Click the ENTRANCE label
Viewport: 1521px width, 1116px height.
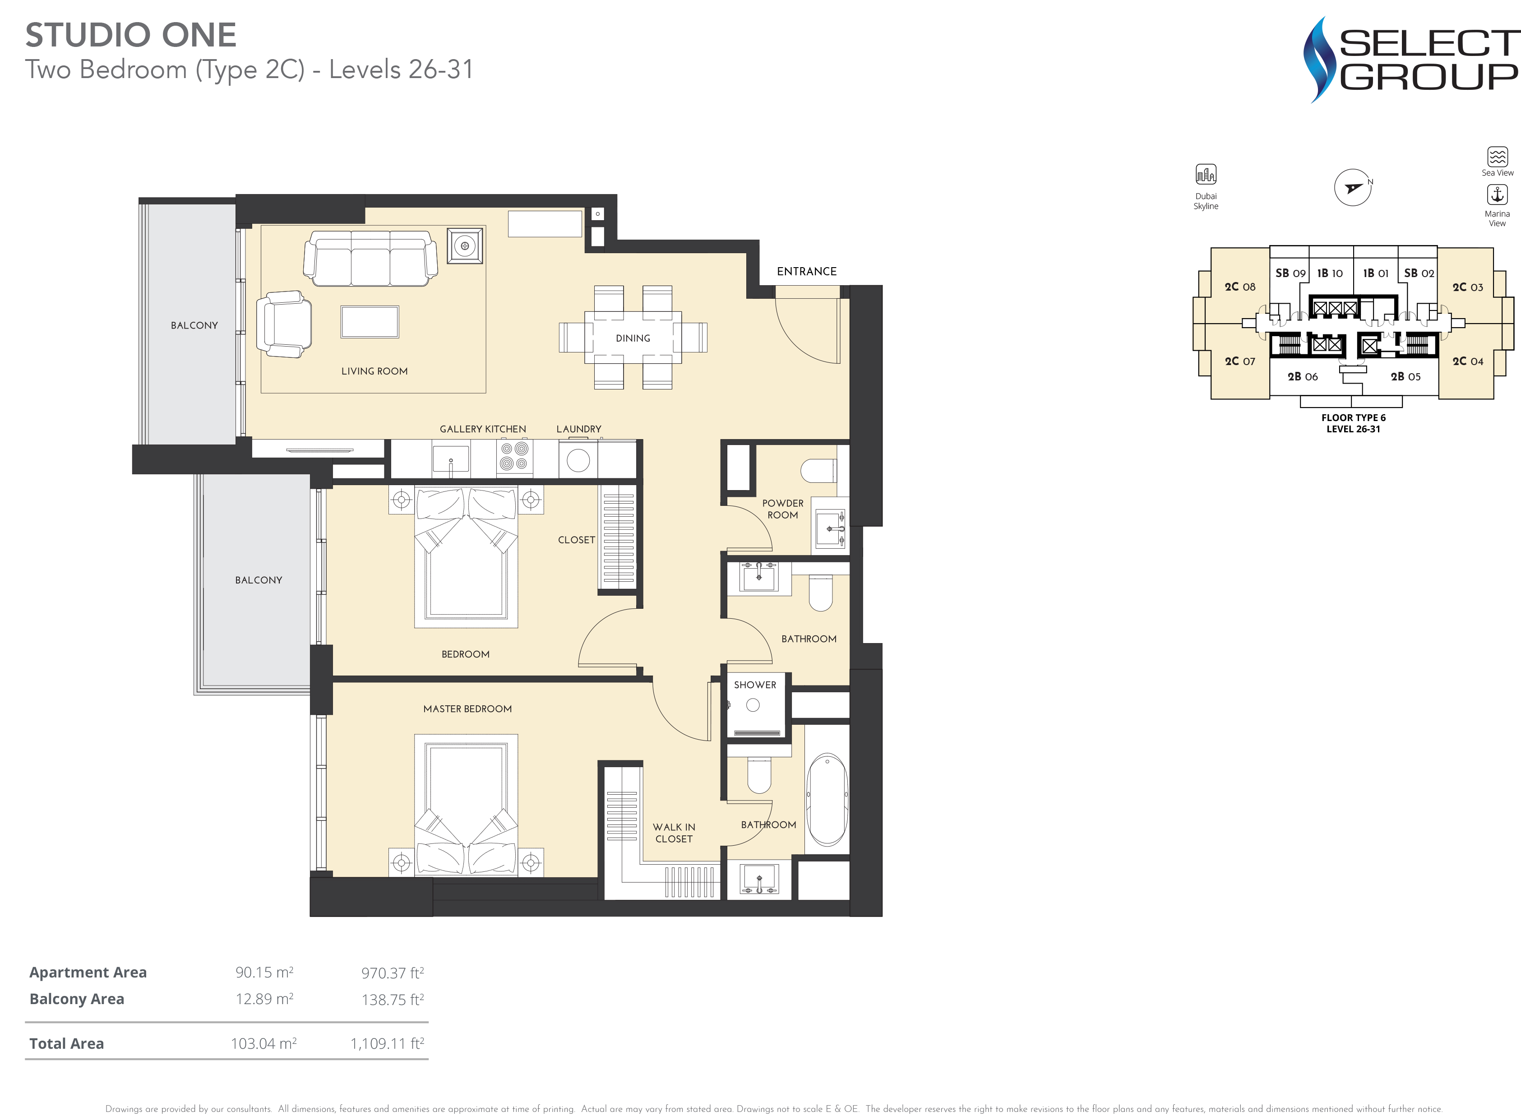tap(806, 272)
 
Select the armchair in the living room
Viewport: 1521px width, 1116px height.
tap(284, 324)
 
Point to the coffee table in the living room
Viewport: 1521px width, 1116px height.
tap(370, 322)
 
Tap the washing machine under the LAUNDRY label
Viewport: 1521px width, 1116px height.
tap(578, 459)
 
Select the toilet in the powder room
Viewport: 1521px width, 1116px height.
tap(818, 470)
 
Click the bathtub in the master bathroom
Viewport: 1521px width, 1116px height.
tap(827, 799)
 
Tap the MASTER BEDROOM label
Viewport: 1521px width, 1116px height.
tap(467, 708)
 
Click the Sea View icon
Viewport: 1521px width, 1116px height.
tap(1498, 157)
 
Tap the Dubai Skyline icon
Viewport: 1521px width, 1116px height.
tap(1206, 174)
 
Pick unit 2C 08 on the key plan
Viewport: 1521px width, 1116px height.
tap(1240, 287)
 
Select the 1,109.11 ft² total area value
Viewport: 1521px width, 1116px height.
tap(387, 1044)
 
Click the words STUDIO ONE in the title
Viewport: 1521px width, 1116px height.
tap(131, 35)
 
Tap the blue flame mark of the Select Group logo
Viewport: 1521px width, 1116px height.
tap(1319, 60)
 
